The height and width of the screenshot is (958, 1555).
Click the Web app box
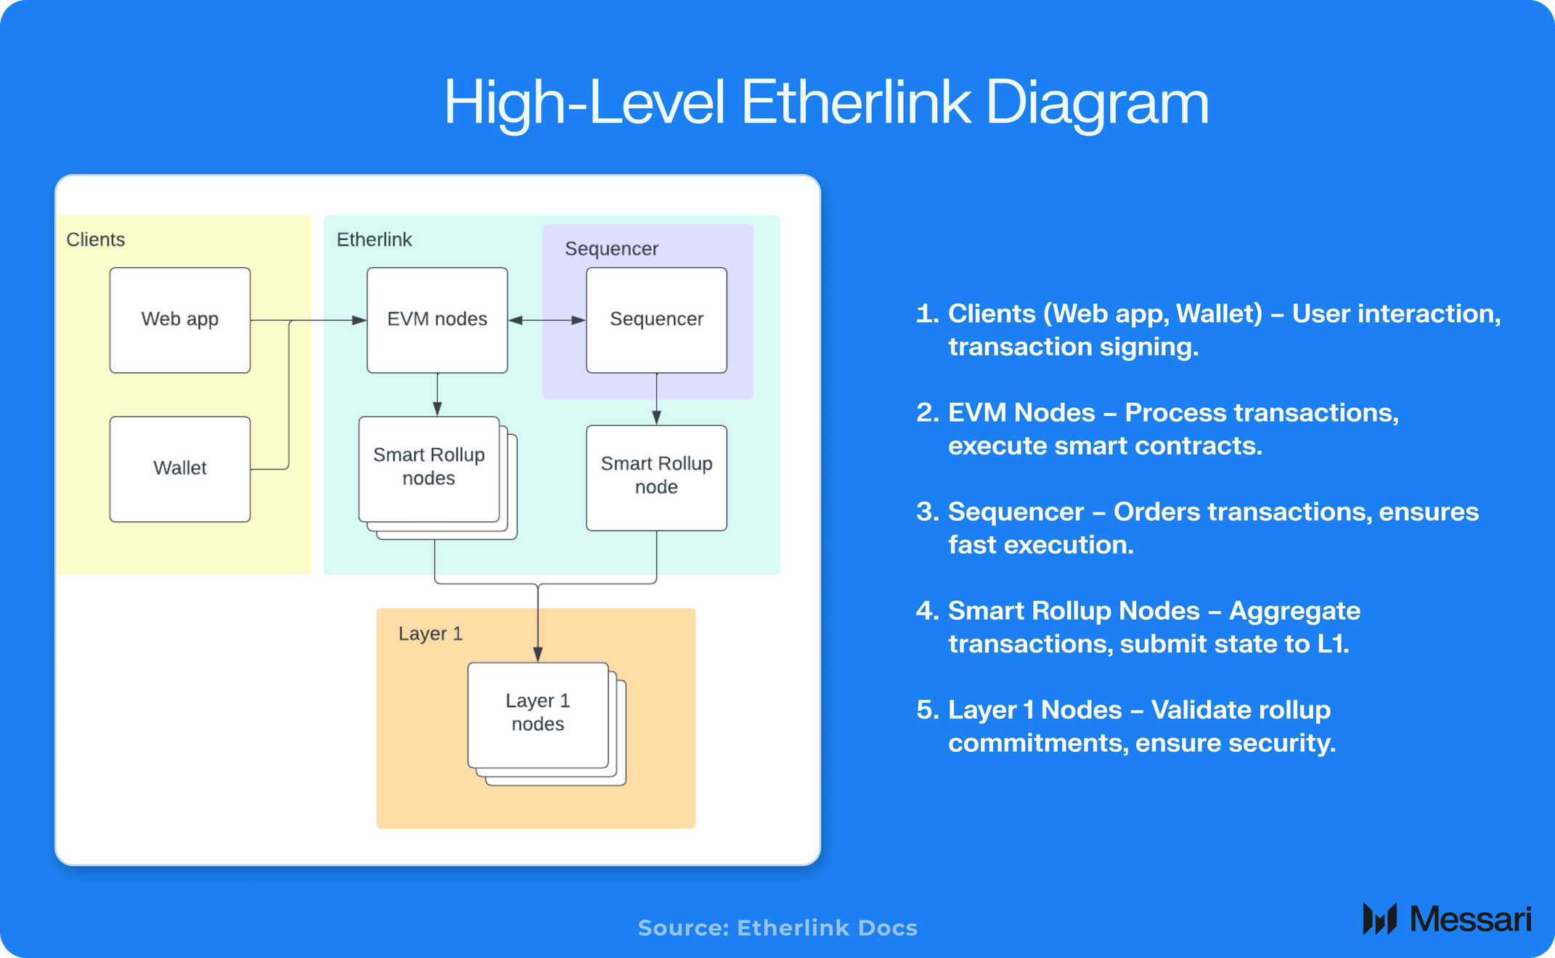point(180,320)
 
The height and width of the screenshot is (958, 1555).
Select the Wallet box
point(180,469)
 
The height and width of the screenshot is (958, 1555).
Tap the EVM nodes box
point(437,320)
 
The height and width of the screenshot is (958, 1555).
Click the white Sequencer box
point(656,320)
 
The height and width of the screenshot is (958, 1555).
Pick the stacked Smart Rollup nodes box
point(429,469)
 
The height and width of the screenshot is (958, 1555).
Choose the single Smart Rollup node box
point(656,478)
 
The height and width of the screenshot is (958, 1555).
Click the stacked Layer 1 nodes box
point(538,714)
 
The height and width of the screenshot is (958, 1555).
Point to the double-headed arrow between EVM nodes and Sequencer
point(547,320)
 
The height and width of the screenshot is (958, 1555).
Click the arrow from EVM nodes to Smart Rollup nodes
point(437,395)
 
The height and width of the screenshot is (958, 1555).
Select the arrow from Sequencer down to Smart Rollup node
point(656,399)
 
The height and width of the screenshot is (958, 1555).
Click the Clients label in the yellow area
point(96,239)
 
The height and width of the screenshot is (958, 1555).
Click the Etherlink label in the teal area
point(374,239)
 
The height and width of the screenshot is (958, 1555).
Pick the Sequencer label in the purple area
point(611,249)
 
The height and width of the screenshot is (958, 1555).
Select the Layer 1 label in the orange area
point(430,634)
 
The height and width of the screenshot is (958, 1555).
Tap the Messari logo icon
point(1379,919)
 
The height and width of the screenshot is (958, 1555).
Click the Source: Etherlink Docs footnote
point(777,928)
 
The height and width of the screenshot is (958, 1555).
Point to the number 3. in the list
point(927,512)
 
